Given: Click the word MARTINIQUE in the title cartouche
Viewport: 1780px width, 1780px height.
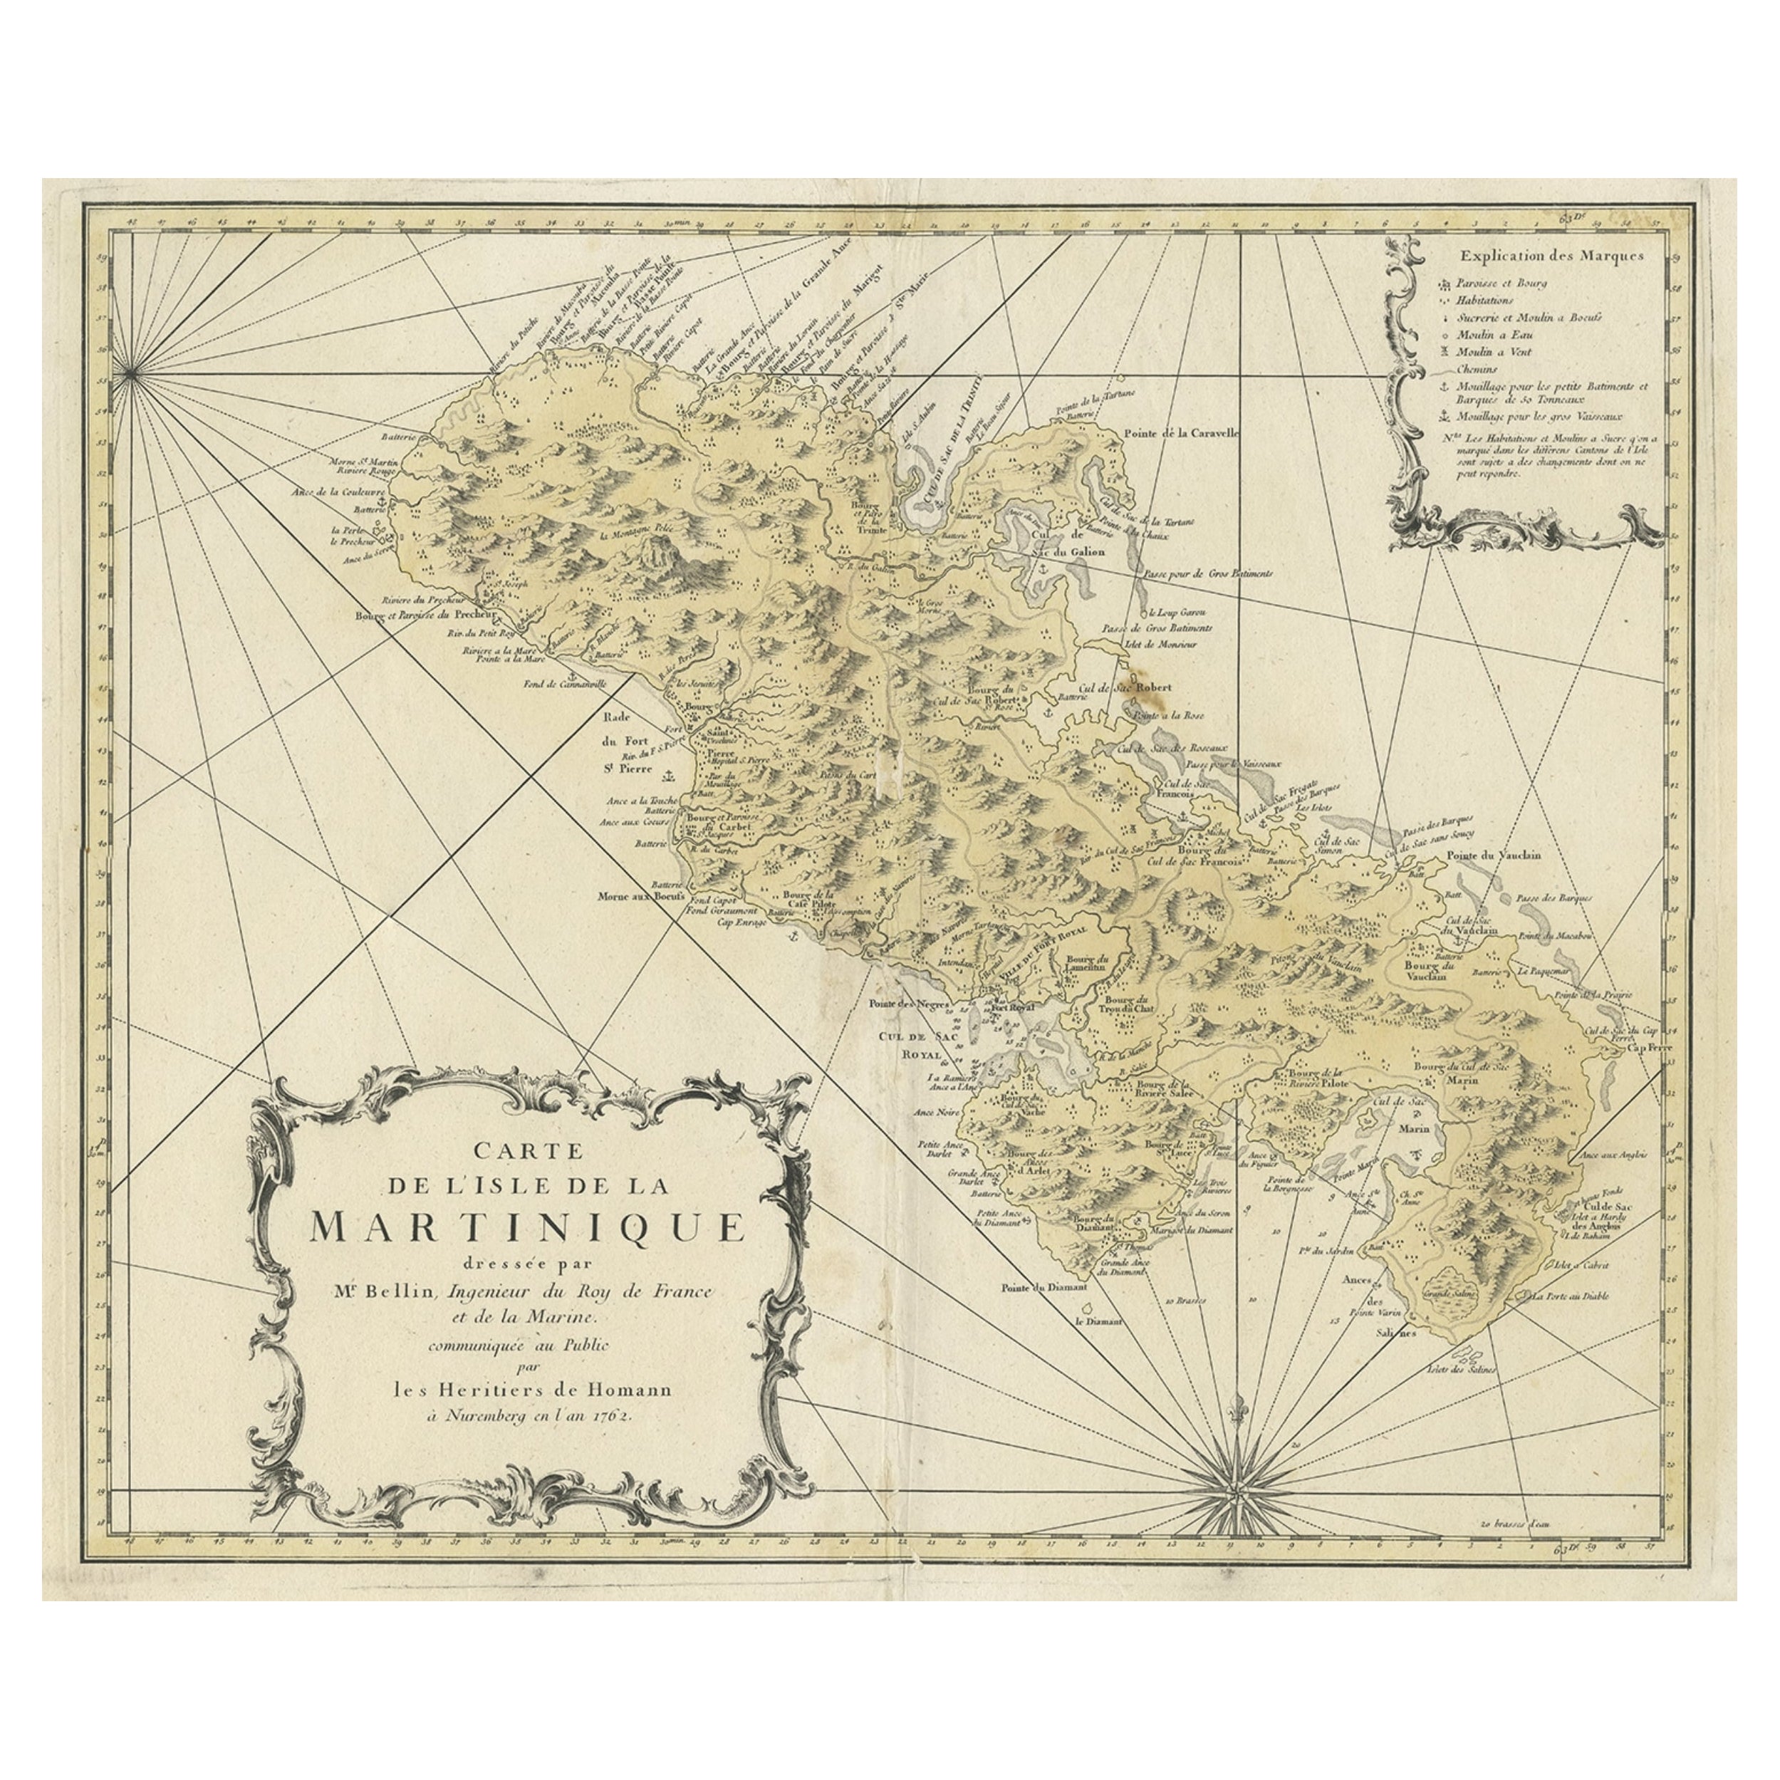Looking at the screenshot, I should coord(527,1227).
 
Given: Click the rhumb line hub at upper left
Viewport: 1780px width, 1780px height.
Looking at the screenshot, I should coord(131,373).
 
